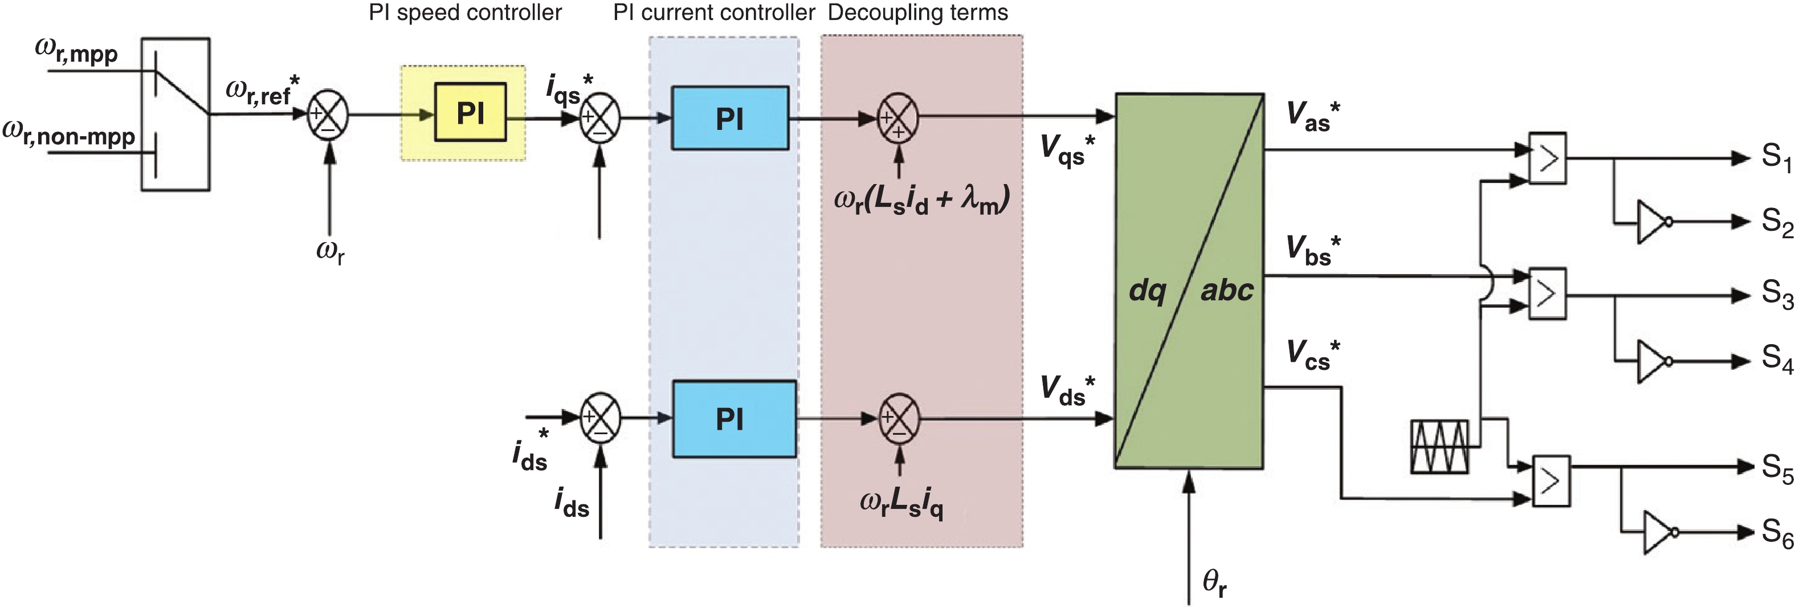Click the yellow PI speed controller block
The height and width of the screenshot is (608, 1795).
[470, 112]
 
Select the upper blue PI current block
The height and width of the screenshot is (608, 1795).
[729, 119]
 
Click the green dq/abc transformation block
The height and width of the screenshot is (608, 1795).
[1189, 281]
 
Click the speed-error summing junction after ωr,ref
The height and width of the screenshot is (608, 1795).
[327, 115]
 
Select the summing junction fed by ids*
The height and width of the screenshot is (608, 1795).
[600, 418]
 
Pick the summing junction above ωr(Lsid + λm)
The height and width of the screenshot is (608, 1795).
[898, 119]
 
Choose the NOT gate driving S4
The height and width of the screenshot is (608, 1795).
[1652, 361]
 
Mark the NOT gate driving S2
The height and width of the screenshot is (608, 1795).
[1652, 222]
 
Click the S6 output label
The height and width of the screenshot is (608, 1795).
[1776, 533]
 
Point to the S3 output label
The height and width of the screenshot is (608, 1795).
[1776, 294]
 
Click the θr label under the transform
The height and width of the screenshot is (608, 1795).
[1214, 583]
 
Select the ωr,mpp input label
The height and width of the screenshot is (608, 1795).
[77, 52]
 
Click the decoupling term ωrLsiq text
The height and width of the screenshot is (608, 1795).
[901, 504]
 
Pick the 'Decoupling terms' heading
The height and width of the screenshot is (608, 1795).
[917, 13]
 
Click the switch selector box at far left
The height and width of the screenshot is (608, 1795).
[176, 114]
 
